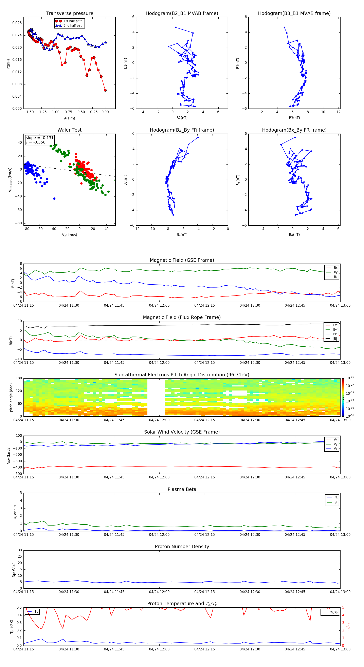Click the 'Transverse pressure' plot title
pos(69,14)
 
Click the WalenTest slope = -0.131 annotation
pos(39,138)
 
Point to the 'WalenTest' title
pos(69,130)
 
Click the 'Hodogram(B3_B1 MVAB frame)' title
pos(294,14)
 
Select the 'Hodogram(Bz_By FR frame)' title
pos(182,130)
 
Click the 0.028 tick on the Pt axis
pos(17,23)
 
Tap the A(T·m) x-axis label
pos(69,118)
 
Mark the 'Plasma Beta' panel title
pos(182,489)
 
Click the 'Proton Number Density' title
pos(182,547)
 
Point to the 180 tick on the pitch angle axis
pos(19,378)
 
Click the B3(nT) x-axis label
pos(294,118)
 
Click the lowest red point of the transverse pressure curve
pos(105,90)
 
